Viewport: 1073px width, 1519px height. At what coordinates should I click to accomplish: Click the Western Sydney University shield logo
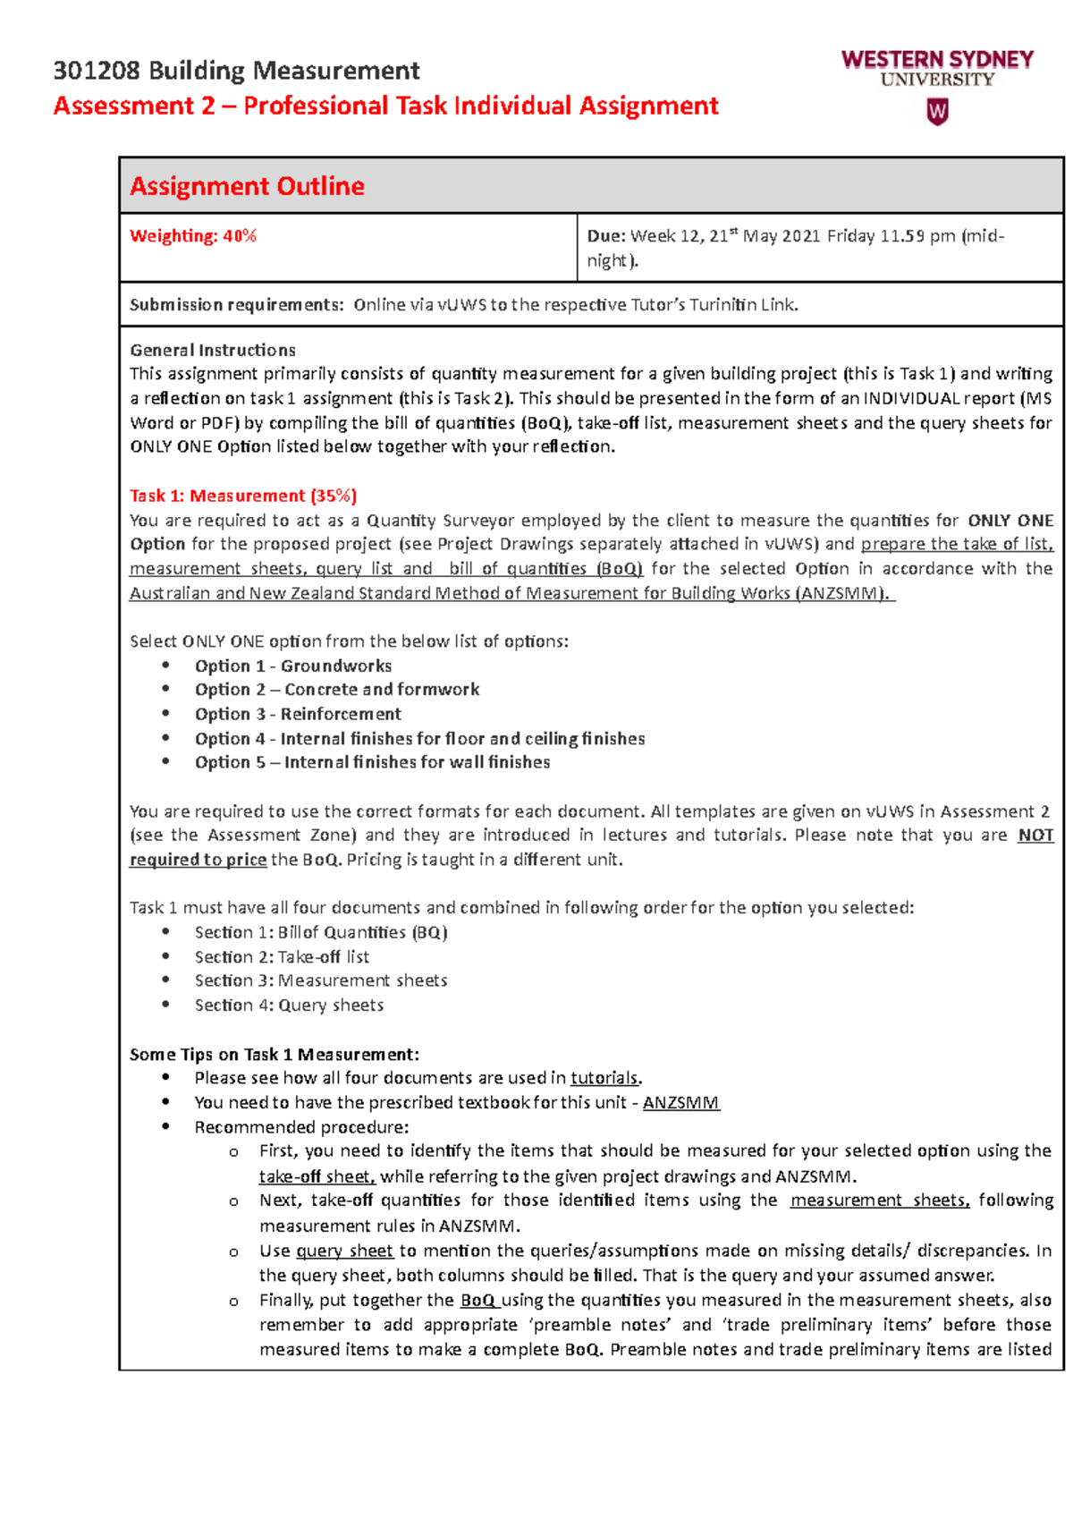(x=936, y=112)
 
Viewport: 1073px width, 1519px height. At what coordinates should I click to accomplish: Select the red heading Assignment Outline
(x=247, y=186)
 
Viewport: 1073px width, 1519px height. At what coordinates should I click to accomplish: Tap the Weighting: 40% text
(x=193, y=236)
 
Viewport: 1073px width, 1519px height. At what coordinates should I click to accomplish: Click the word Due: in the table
(x=605, y=236)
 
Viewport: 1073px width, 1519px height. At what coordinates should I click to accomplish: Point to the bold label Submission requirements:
(x=236, y=305)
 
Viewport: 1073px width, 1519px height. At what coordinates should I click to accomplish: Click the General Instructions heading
(x=212, y=350)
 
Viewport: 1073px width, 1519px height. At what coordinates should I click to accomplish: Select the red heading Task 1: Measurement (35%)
(x=242, y=496)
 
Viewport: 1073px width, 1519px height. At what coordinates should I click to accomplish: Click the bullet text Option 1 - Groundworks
(x=293, y=666)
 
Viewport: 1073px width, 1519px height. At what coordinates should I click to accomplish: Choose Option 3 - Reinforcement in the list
(x=298, y=714)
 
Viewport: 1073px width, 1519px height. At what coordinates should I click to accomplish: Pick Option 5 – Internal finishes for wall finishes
(x=372, y=762)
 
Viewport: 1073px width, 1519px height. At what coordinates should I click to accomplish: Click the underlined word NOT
(x=1035, y=836)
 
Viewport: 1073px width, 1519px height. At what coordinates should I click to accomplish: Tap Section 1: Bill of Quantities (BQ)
(x=321, y=932)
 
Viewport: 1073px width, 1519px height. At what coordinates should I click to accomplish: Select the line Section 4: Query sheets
(x=289, y=1006)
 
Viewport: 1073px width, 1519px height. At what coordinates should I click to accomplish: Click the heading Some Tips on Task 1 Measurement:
(x=274, y=1055)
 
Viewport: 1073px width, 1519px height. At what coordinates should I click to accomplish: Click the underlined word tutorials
(x=604, y=1079)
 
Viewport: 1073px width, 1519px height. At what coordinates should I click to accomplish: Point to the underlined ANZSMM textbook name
(x=680, y=1103)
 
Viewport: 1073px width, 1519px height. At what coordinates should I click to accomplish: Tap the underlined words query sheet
(x=344, y=1252)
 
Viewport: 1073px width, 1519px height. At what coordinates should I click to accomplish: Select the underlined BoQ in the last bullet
(x=478, y=1301)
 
